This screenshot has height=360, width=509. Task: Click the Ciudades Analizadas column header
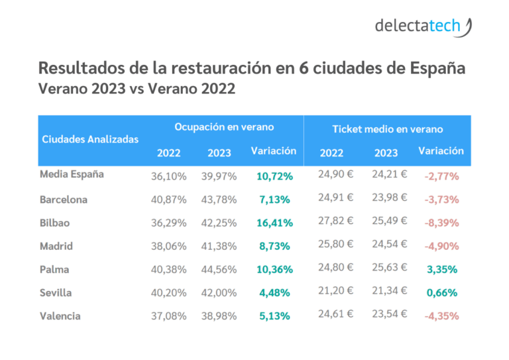click(x=90, y=139)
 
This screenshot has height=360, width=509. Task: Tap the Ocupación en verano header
click(x=224, y=127)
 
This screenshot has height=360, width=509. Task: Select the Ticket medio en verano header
click(x=388, y=129)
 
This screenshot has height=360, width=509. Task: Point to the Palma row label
click(x=54, y=270)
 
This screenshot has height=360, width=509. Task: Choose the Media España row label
click(x=72, y=175)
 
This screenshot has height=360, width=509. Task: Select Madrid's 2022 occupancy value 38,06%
click(x=169, y=247)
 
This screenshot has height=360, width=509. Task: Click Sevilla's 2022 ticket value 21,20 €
click(x=336, y=292)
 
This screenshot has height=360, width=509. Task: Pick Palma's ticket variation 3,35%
click(x=441, y=270)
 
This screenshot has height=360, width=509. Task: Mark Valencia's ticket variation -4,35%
click(x=441, y=316)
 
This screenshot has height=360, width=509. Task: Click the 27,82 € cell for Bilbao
click(x=336, y=221)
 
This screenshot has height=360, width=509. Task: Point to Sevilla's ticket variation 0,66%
click(x=441, y=293)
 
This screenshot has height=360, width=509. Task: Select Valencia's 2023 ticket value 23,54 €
click(x=390, y=315)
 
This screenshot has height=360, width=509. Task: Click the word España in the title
click(x=429, y=68)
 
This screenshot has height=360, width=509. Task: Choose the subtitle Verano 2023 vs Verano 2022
click(x=137, y=88)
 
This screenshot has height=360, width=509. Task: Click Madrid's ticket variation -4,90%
click(x=441, y=247)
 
